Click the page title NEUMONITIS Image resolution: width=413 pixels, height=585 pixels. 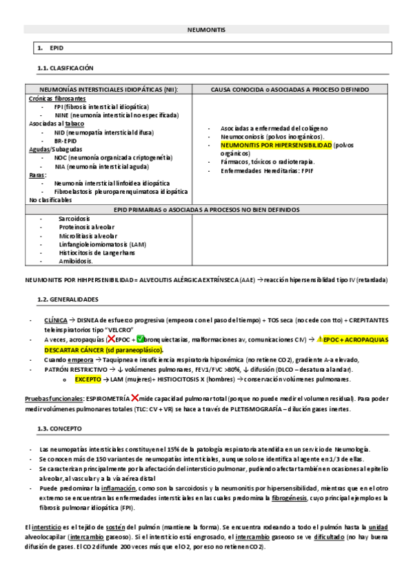click(x=206, y=30)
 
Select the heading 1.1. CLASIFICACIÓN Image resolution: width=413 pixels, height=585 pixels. click(x=66, y=68)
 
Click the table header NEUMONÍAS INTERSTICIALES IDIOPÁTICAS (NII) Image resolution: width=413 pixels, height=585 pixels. click(x=108, y=90)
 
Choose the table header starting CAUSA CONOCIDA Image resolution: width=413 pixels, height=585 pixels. click(x=290, y=90)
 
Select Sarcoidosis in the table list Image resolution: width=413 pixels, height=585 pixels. click(x=74, y=218)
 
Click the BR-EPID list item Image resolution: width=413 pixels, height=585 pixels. click(x=66, y=140)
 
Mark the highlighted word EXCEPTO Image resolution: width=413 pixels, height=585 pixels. click(x=88, y=379)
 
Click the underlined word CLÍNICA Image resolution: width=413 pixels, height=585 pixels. click(x=56, y=321)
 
